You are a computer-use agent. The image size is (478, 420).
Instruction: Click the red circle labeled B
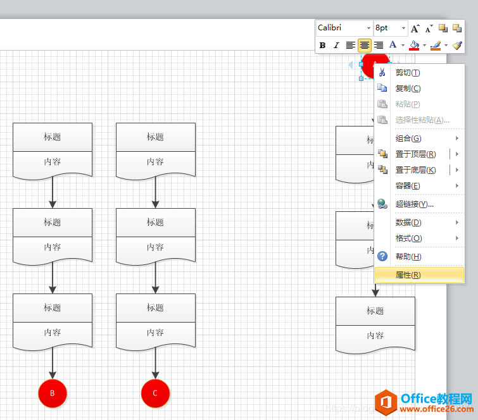click(53, 393)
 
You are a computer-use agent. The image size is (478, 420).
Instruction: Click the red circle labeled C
click(155, 393)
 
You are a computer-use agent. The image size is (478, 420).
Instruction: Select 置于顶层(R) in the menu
click(415, 154)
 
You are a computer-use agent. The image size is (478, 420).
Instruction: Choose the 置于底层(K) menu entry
click(415, 170)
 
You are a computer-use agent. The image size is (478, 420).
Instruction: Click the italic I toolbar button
click(336, 45)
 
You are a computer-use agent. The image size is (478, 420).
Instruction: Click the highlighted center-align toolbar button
click(364, 45)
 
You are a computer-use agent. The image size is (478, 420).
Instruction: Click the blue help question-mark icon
click(382, 256)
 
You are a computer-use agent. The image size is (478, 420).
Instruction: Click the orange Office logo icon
click(386, 402)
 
